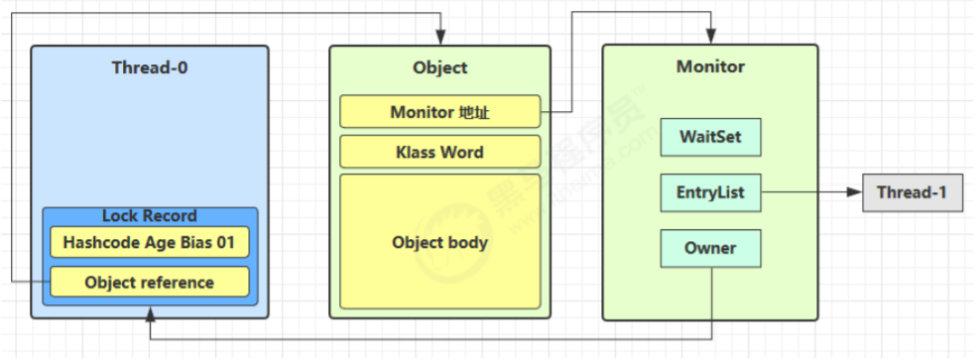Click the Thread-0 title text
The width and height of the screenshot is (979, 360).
point(149,68)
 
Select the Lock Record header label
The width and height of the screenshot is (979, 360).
point(149,215)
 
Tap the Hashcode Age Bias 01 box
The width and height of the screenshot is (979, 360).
point(149,242)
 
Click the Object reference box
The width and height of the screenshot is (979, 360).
point(149,282)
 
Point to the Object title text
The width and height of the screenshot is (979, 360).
point(439,68)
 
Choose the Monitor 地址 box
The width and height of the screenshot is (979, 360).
point(439,112)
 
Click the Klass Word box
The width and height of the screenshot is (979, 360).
point(439,152)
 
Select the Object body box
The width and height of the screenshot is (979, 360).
point(439,241)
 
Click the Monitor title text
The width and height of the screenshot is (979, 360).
point(710,67)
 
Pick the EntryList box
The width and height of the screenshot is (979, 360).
point(710,192)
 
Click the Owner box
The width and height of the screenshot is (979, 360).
point(710,248)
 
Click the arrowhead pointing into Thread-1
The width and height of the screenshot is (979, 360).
point(855,192)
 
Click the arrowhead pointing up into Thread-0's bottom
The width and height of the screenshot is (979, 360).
point(149,314)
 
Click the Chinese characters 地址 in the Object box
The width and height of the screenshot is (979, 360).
point(475,112)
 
